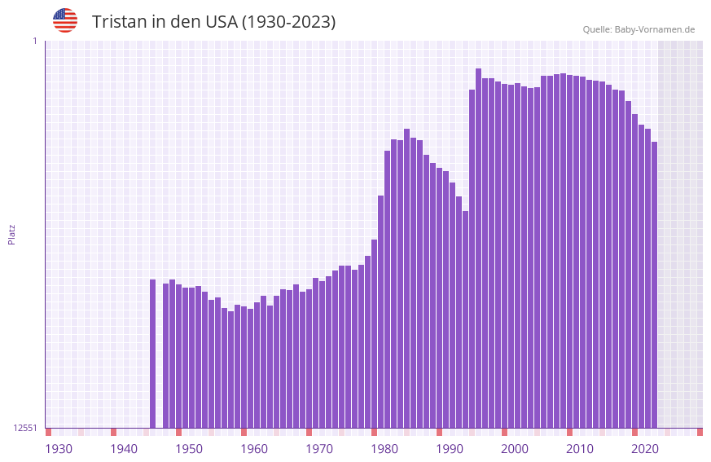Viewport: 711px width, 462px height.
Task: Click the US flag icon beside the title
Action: [65, 20]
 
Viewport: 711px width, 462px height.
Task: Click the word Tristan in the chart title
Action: [119, 22]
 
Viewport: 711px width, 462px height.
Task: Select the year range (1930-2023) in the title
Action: [288, 22]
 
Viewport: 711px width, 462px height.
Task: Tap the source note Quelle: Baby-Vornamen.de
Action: [639, 29]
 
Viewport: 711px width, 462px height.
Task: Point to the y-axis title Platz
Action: [11, 234]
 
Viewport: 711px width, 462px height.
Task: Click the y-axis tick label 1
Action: [34, 41]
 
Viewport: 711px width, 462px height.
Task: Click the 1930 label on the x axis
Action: [59, 449]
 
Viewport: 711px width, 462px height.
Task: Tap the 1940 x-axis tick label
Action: [124, 449]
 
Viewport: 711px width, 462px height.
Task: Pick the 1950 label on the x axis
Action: [189, 449]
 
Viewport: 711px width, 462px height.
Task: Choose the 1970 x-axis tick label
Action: [319, 449]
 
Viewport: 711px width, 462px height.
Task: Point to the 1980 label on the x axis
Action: [384, 449]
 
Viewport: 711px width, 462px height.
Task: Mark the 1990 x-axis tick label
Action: [450, 449]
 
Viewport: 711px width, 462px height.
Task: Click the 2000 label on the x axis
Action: [515, 449]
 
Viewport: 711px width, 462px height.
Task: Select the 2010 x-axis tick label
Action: [580, 449]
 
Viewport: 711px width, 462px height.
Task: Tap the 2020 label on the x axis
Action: [645, 449]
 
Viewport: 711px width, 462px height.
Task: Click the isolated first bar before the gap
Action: [152, 354]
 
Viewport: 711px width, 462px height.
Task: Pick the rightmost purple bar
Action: [654, 285]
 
